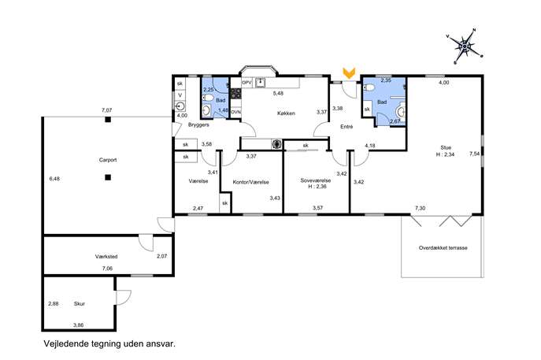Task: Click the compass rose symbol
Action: coord(465,46)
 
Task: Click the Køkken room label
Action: coord(286,113)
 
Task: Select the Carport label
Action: coord(108,160)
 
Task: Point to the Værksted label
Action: coord(106,257)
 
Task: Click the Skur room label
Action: coord(80,304)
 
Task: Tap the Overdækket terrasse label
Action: coord(443,248)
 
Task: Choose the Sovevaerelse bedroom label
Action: coord(315,180)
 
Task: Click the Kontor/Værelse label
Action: coord(251,182)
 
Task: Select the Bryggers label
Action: coord(198,124)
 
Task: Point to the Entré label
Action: coord(346,127)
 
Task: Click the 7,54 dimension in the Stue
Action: coord(475,154)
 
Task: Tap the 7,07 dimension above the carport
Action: coord(106,110)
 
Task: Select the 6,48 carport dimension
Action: coord(54,179)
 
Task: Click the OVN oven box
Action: coord(235,112)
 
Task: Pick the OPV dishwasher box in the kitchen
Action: coord(246,83)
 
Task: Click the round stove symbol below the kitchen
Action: coord(276,145)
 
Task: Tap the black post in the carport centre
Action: coord(108,177)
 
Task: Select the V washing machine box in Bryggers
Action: coord(180,95)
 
